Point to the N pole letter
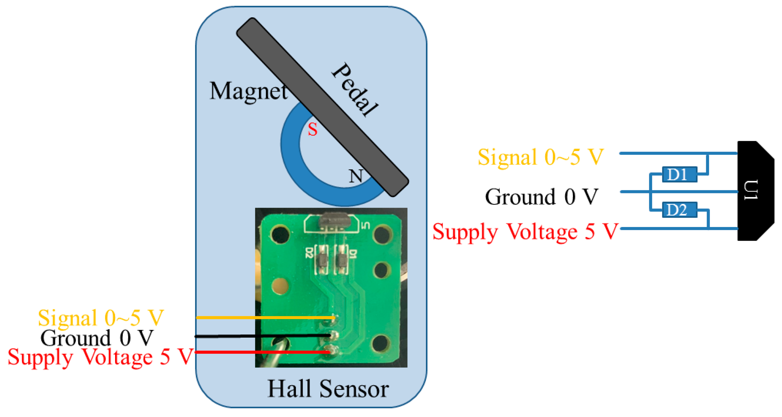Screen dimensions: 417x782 [x=355, y=176]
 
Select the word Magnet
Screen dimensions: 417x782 [x=248, y=91]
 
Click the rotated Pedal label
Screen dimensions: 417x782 [x=355, y=90]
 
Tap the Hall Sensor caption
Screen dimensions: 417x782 [x=328, y=389]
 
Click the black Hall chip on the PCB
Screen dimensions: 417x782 [x=334, y=220]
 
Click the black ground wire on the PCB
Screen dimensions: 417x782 [x=263, y=336]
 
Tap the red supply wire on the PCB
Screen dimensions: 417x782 [x=263, y=352]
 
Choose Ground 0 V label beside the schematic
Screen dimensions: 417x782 [x=541, y=197]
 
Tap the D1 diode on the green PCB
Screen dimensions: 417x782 [x=342, y=259]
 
